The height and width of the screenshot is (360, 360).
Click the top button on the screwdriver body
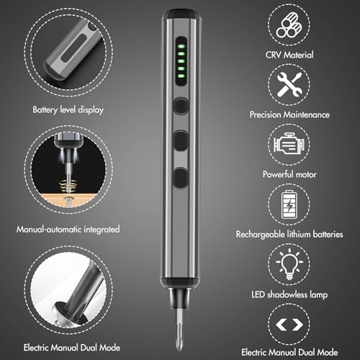point(181,105)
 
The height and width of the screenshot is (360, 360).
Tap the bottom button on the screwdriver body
point(181,175)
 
